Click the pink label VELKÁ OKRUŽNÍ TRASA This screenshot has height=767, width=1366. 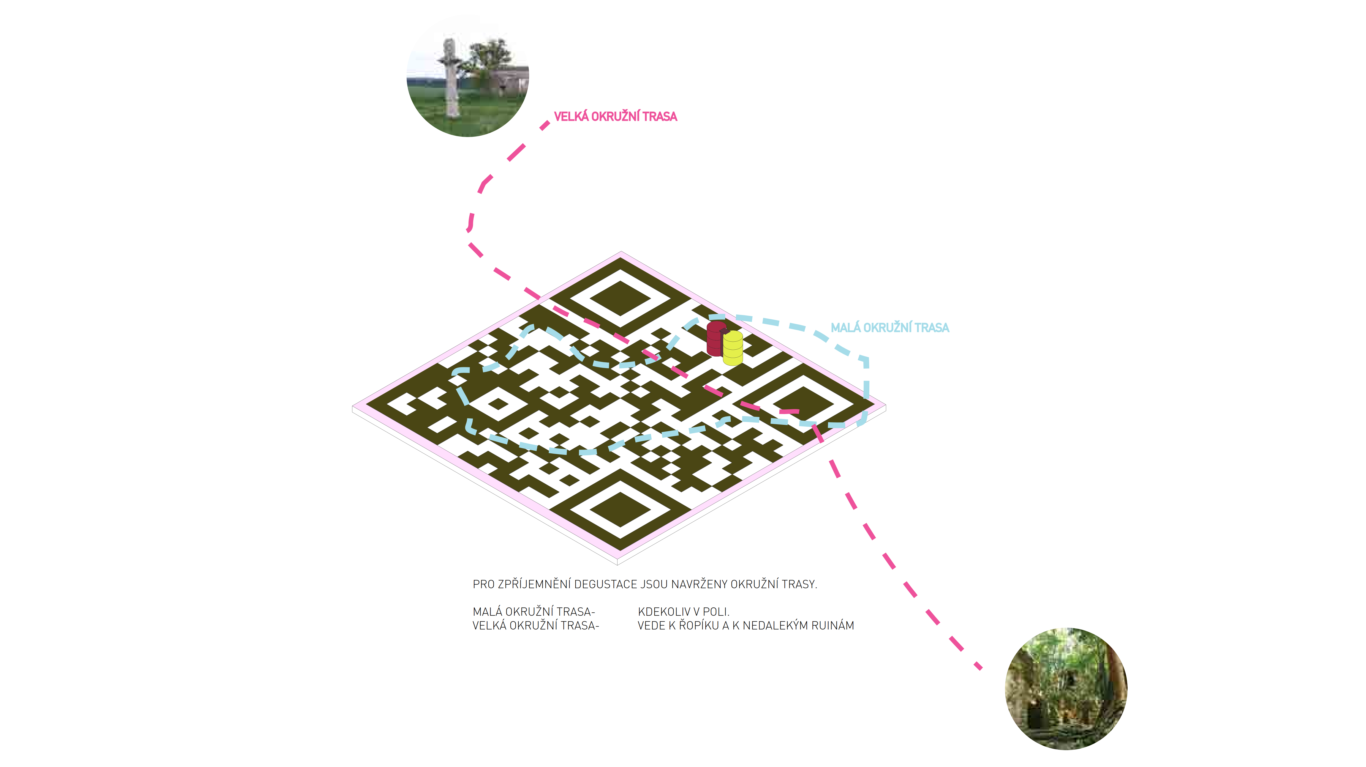coord(615,116)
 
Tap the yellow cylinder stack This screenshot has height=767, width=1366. coord(733,348)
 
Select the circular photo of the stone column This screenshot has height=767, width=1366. coord(468,76)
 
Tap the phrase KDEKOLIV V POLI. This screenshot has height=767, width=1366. coord(684,612)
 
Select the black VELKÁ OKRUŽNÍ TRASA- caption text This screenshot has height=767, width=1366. coord(536,626)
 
